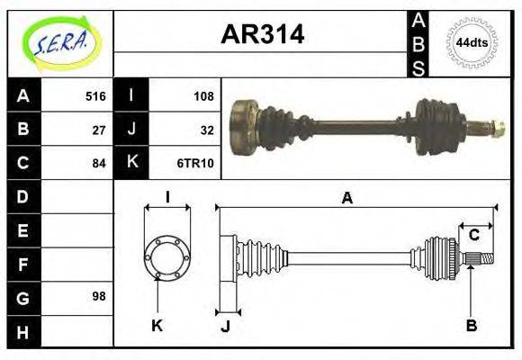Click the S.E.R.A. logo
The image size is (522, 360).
[x=60, y=42]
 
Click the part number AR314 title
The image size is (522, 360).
[x=262, y=34]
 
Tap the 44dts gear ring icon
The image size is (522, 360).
[x=472, y=42]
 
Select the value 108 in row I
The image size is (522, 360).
[x=204, y=96]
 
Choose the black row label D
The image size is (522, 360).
[x=23, y=196]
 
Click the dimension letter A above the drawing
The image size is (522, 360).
[x=346, y=198]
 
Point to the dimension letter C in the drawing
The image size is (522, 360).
[x=473, y=236]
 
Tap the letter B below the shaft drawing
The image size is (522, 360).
[x=471, y=326]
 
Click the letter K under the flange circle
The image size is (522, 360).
[x=156, y=326]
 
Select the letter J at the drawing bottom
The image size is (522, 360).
[x=225, y=328]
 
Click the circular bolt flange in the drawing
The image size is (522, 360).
[x=167, y=256]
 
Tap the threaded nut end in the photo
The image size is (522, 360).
[x=493, y=127]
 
